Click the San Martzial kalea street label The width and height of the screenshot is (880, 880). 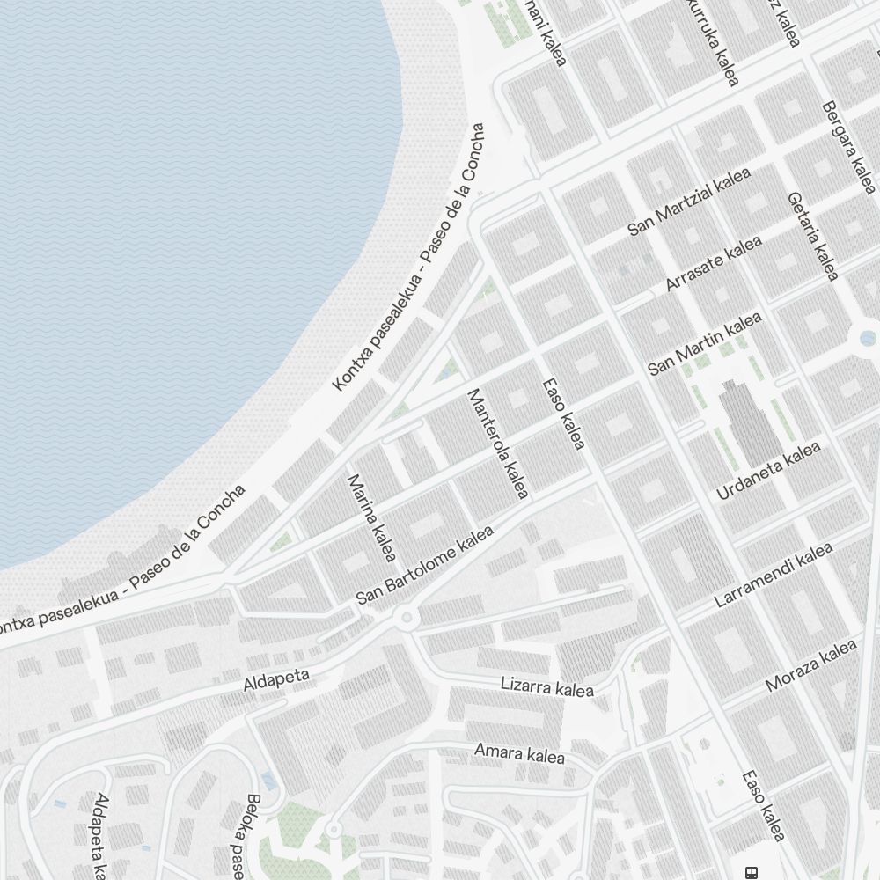tap(689, 202)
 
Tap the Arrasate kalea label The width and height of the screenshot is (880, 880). tap(714, 264)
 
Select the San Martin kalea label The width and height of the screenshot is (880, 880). tap(705, 344)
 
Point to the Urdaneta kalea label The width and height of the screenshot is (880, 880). tap(768, 472)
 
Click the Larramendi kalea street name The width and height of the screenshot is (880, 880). tap(774, 576)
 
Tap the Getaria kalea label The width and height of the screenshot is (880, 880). tap(813, 237)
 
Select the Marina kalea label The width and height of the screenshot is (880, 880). tap(372, 517)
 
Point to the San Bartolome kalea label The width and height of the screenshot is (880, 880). tap(425, 566)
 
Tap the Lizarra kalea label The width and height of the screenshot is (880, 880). tap(546, 686)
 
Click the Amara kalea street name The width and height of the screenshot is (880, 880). tap(519, 753)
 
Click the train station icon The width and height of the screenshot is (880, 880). tap(752, 872)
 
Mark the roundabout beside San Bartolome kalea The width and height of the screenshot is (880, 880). tap(406, 618)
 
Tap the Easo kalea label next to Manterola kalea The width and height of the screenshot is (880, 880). tap(563, 414)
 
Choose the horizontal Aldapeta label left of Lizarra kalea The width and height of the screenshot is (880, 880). tap(276, 678)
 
